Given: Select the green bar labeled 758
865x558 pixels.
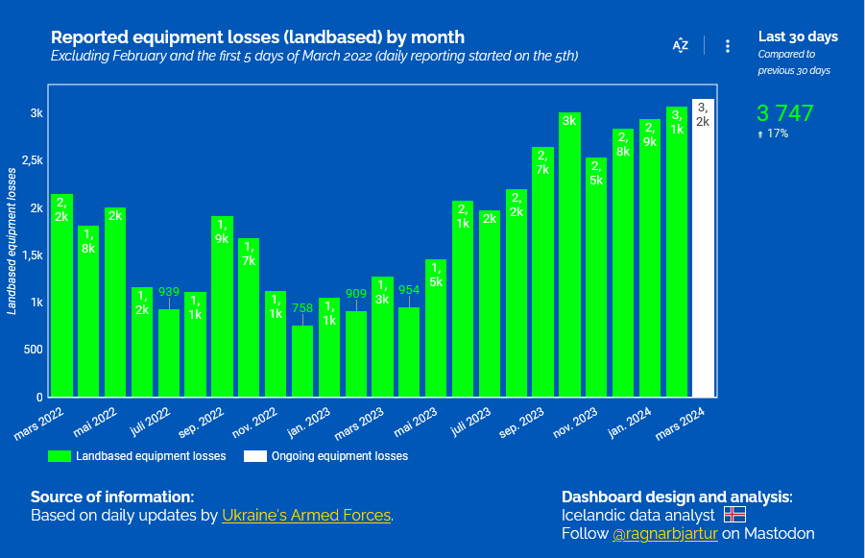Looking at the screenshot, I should [302, 360].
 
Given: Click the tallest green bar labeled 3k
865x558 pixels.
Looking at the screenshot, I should [569, 255].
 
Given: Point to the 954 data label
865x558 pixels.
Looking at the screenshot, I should [409, 289].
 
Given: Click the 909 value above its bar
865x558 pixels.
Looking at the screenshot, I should [356, 293].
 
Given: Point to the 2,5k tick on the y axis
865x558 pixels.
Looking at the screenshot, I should [33, 160].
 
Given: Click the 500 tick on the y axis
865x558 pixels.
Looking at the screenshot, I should [33, 350].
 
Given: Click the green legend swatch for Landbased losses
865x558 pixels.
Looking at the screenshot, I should [60, 456].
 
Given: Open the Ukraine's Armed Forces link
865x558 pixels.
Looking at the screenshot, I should [306, 516].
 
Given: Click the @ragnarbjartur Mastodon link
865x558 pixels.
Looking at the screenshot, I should [665, 533].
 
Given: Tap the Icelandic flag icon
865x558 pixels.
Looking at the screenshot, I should [734, 515].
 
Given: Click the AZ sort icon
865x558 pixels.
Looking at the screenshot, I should [681, 45].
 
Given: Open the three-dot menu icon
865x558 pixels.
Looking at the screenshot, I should [728, 45].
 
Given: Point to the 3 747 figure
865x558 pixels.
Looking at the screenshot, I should [785, 113].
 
